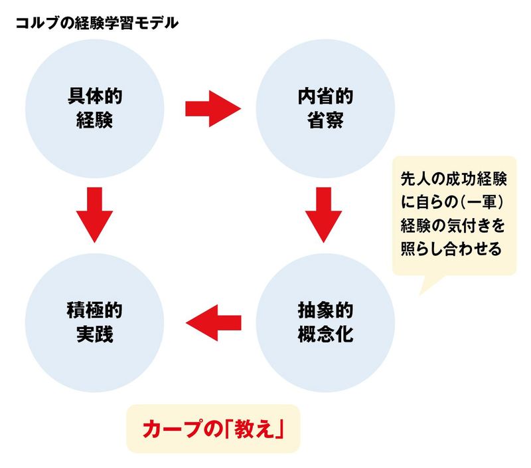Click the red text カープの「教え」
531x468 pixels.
(x=214, y=428)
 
